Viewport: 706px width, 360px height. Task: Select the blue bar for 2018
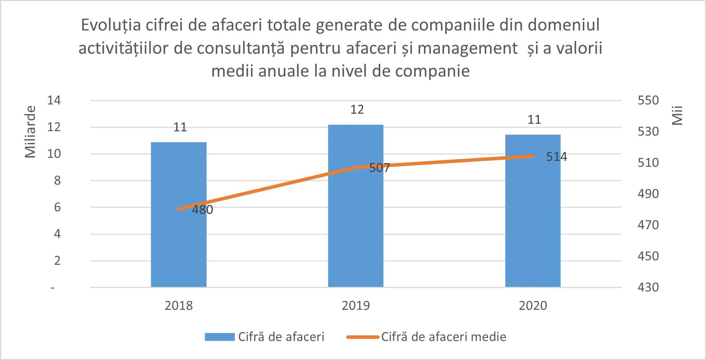(x=179, y=239)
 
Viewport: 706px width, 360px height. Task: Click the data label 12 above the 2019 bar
(x=357, y=110)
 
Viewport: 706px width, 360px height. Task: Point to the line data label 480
(x=202, y=210)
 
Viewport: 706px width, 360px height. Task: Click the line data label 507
(x=379, y=168)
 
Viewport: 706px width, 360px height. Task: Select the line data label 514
(x=556, y=156)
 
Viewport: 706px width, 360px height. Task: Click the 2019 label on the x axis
(x=356, y=305)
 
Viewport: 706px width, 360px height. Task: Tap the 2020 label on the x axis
(x=533, y=305)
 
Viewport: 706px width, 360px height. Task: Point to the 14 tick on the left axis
(x=54, y=100)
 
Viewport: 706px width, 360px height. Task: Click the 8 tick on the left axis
(x=57, y=180)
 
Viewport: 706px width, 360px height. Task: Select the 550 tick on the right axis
(x=648, y=100)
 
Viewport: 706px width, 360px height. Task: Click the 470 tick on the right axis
(x=648, y=225)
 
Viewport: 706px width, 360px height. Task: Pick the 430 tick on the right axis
(x=648, y=287)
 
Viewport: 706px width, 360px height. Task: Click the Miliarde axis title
(x=30, y=132)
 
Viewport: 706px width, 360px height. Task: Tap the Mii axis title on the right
(x=677, y=115)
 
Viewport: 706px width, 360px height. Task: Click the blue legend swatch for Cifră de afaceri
(x=220, y=337)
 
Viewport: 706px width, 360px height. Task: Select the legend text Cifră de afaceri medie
(x=443, y=337)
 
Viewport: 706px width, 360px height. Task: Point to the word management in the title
(x=467, y=48)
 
